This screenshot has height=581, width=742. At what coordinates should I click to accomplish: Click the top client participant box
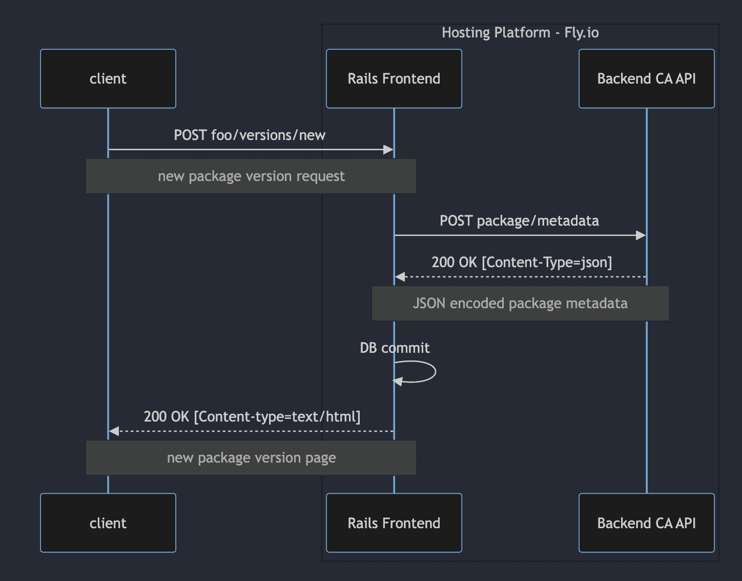(108, 78)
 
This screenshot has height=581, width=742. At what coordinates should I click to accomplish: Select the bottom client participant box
(108, 523)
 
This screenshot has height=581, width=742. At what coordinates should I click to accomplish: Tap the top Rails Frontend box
(394, 78)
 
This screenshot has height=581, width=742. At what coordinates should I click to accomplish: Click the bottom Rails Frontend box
(394, 523)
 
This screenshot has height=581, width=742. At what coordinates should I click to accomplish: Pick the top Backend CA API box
(646, 78)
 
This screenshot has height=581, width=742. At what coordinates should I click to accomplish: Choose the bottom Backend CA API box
(646, 523)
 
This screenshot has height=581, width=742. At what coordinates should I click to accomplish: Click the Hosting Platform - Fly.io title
(520, 33)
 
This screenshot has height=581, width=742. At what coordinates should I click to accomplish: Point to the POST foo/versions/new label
(250, 135)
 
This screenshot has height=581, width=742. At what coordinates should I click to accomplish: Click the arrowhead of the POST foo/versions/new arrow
(388, 150)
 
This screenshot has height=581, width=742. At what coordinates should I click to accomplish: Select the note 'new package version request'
(251, 176)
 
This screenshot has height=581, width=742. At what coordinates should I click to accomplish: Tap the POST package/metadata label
(519, 221)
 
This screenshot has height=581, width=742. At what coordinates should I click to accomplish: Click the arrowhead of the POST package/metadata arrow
(641, 235)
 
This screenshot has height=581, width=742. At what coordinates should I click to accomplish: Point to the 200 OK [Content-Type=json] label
(522, 263)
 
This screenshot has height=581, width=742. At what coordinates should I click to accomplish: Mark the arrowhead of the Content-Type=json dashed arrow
(400, 277)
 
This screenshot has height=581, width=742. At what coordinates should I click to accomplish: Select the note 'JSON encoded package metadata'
(520, 304)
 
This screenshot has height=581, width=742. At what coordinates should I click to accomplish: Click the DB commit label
(395, 348)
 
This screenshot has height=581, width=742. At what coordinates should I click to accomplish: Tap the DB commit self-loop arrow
(435, 372)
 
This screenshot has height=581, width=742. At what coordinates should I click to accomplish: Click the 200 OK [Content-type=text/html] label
(252, 417)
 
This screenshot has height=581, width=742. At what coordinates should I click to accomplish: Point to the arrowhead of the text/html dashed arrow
(114, 431)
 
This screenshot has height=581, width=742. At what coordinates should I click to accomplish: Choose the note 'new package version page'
(251, 458)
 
